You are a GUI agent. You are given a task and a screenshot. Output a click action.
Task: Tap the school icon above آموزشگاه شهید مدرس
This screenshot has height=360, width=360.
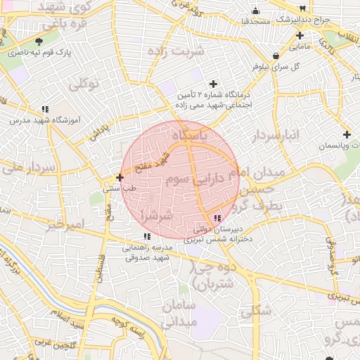click(x=45, y=109)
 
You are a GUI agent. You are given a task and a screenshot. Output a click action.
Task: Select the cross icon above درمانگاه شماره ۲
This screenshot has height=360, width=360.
click(x=214, y=84)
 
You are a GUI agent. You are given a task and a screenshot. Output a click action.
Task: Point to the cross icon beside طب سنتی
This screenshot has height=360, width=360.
click(x=120, y=178)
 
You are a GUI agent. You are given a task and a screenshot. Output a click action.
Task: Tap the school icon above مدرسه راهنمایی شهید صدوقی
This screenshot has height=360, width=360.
click(x=146, y=237)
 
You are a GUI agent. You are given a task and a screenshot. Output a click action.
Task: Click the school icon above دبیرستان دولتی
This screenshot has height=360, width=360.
click(x=217, y=219)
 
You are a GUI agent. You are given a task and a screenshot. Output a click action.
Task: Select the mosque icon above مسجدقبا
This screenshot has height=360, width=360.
click(x=255, y=11)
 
